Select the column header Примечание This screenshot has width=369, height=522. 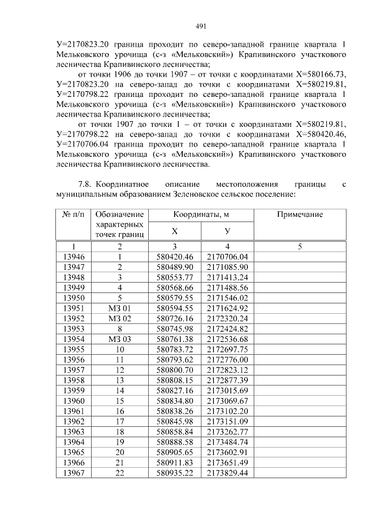[300, 215]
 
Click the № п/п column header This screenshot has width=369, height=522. [73, 215]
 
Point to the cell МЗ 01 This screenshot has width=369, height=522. [120, 309]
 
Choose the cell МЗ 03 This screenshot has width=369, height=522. [120, 340]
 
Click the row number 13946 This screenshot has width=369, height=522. [73, 257]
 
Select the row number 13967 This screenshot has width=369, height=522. [73, 474]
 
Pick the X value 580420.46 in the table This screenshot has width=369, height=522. [175, 257]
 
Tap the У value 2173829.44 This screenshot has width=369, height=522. [227, 474]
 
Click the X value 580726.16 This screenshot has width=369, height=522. [175, 319]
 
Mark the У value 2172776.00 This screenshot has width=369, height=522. [227, 360]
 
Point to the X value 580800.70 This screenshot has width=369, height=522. [175, 371]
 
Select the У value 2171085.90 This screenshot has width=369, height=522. [227, 267]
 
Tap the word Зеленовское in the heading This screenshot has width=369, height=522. [179, 194]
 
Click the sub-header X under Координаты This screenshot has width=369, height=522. [175, 231]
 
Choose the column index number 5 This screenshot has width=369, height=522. [300, 246]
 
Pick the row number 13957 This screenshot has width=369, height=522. [73, 371]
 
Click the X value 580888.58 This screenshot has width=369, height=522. [175, 443]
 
